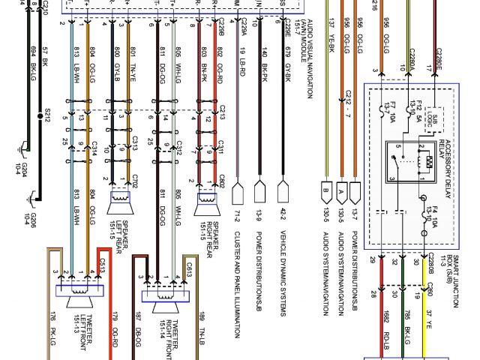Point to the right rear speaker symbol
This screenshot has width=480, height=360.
tap(204, 200)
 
